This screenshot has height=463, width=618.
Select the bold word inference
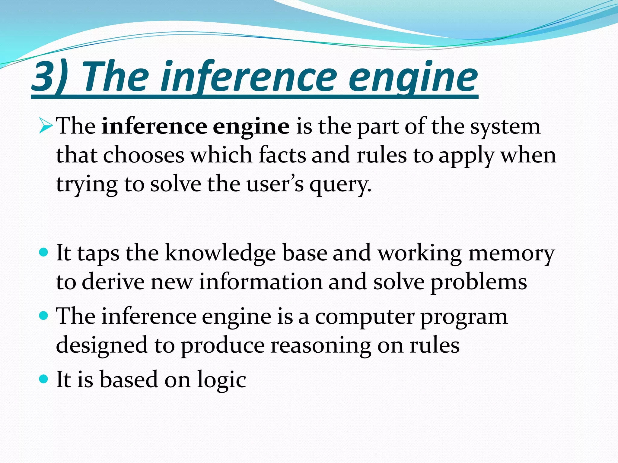[154, 126]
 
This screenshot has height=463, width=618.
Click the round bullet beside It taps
[44, 252]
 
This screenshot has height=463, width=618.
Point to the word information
[261, 282]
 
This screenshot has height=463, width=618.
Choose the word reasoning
[321, 345]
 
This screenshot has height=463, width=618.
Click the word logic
[221, 380]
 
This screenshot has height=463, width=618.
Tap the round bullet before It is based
[44, 379]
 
